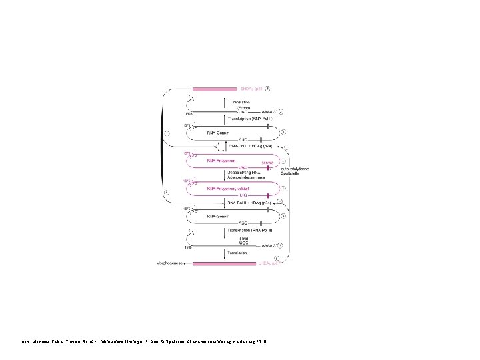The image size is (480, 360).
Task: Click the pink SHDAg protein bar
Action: (215, 89)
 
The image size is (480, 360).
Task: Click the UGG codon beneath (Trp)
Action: (244, 244)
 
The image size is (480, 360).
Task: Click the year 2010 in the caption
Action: (261, 342)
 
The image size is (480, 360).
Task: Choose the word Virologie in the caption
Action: (134, 342)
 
